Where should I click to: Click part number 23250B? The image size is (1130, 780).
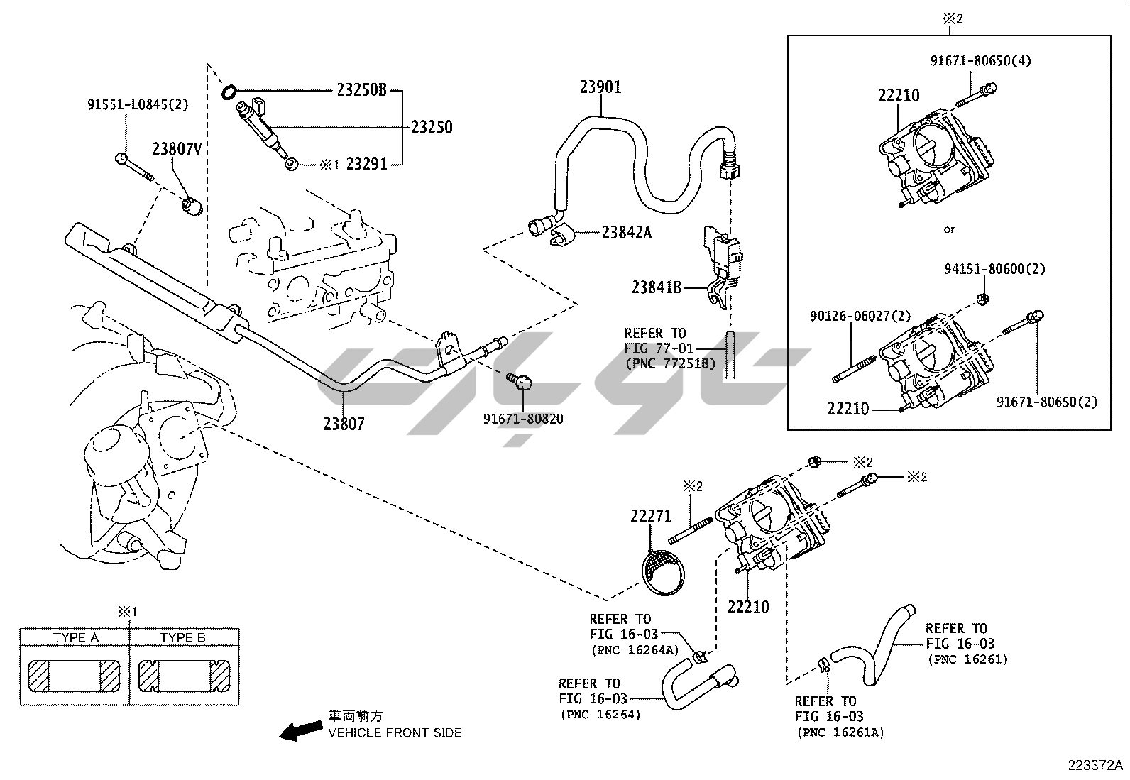361,90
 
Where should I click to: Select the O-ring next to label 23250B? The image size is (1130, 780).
229,92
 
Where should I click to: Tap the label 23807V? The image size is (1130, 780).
177,149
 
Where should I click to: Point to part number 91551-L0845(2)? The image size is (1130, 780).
138,105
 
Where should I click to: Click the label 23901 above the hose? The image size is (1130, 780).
600,87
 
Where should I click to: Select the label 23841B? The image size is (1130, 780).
657,287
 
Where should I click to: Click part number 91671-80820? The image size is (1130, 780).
523,419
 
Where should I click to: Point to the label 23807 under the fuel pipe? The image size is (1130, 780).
344,424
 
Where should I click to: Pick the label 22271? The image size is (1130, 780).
650,517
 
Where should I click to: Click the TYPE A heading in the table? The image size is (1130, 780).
75,637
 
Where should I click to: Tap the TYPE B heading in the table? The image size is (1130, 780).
182,637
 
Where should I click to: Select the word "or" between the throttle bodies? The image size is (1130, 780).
950,229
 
